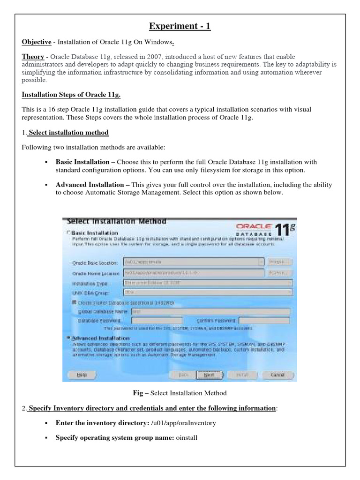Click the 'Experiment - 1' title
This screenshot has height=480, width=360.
(180, 26)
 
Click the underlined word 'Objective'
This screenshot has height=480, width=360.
(37, 42)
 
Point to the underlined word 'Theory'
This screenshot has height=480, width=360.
(33, 56)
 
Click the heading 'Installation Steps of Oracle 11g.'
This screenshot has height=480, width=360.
(71, 95)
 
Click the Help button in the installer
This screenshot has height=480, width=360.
(82, 375)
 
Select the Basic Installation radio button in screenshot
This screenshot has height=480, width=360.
(69, 232)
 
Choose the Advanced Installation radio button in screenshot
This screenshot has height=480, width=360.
(69, 337)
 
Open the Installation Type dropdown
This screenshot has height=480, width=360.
(207, 283)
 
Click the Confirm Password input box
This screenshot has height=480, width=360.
(264, 321)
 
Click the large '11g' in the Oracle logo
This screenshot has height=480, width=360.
(285, 230)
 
